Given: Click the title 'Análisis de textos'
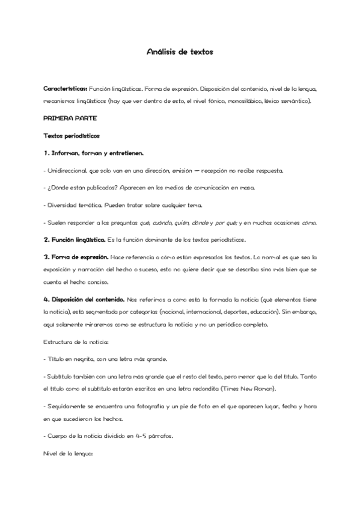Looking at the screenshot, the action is pyautogui.click(x=180, y=52).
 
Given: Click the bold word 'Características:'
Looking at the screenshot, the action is pyautogui.click(x=66, y=88).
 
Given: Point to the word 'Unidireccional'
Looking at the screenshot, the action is pyautogui.click(x=67, y=171).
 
